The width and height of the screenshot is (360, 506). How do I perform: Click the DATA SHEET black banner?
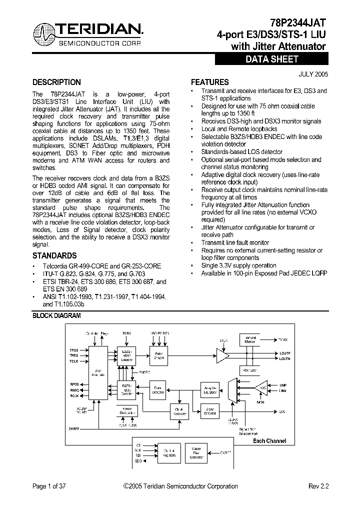point(271,59)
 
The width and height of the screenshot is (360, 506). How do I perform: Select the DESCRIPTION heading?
point(56,82)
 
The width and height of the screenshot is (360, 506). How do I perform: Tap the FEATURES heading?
point(210,82)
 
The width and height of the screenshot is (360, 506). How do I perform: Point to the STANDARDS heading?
point(54,255)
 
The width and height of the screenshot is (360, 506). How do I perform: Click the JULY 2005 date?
point(313,73)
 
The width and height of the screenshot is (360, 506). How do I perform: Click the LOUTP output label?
point(285,353)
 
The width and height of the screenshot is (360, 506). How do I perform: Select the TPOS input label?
point(73,350)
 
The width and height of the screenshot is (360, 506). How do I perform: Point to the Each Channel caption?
point(269,440)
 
